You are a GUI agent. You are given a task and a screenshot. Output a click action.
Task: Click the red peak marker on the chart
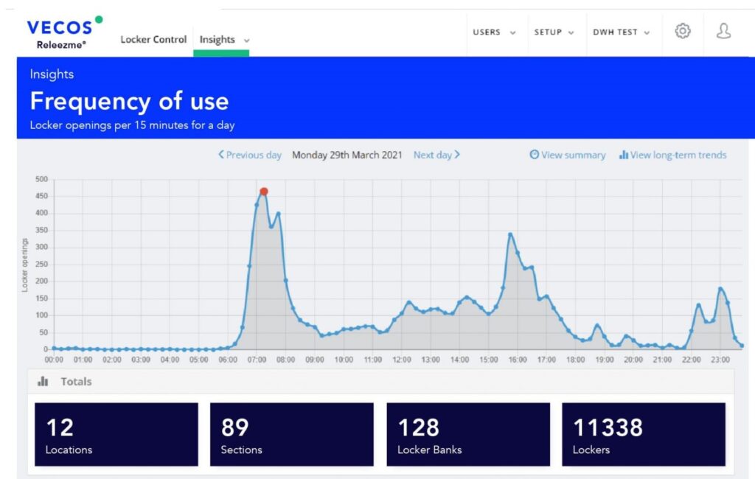pos(263,192)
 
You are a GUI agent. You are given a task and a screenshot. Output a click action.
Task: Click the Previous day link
pos(250,155)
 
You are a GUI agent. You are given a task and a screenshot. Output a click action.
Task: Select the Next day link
pos(436,155)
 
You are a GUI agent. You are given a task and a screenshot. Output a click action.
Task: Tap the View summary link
pos(568,155)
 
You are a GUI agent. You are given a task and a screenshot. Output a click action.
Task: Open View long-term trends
pos(672,155)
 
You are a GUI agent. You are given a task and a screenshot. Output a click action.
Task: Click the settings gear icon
pos(683,31)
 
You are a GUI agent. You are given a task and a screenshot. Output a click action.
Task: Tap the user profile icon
pos(723,31)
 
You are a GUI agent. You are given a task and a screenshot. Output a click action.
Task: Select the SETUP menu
pos(554,32)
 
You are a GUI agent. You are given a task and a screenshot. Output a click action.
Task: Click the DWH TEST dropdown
pos(621,32)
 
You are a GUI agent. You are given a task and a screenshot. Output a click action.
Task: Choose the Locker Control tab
pos(153,40)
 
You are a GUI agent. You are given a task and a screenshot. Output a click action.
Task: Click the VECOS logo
pos(60,28)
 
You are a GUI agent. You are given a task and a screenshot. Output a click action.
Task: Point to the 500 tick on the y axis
pos(41,179)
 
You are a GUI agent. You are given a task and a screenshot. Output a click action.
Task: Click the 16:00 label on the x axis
pos(517,360)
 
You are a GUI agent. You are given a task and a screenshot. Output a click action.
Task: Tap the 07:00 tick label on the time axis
pos(257,360)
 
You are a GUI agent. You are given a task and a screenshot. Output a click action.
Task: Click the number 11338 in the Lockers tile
pos(608,427)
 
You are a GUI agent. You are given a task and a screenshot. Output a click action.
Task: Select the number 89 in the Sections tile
pos(234,427)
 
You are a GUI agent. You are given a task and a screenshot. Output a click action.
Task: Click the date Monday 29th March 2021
pos(347,155)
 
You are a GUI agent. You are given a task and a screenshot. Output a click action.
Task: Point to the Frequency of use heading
pos(129,101)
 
